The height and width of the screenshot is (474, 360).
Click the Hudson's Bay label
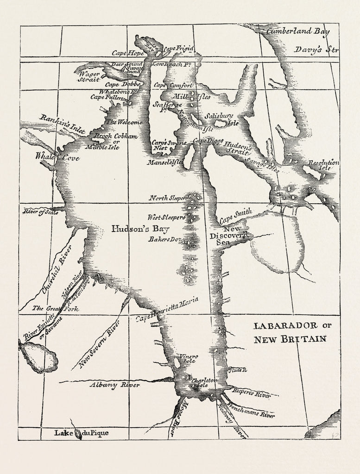(140, 229)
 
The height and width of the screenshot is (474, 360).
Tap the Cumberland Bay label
(291, 31)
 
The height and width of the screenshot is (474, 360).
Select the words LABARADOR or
(292, 325)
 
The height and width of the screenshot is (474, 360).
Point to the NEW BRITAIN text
(290, 339)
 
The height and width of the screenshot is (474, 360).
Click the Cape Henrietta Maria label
(167, 309)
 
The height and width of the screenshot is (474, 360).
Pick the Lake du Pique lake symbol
(78, 434)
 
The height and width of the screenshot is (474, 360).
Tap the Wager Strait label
(88, 76)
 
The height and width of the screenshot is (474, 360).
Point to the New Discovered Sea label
(229, 236)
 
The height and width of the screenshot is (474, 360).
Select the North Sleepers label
(167, 198)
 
